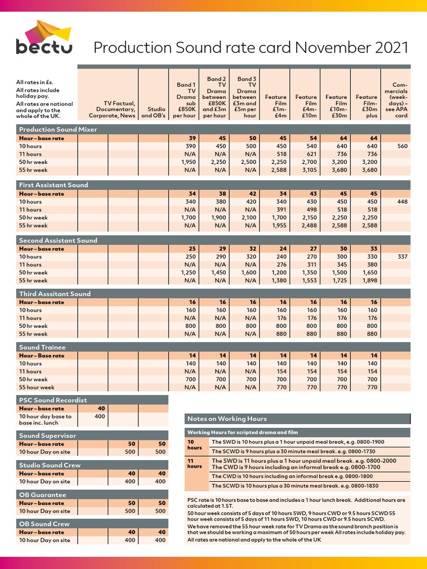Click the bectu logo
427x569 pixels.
(x=44, y=38)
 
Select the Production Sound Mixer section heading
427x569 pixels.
(x=58, y=129)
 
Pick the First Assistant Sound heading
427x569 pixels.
(x=53, y=185)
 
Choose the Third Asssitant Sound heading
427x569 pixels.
(x=54, y=294)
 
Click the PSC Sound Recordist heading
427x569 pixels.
(x=53, y=400)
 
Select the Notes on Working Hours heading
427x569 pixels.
(x=227, y=418)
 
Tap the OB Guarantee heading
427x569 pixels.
(x=42, y=495)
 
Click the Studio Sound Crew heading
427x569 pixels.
(x=49, y=465)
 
